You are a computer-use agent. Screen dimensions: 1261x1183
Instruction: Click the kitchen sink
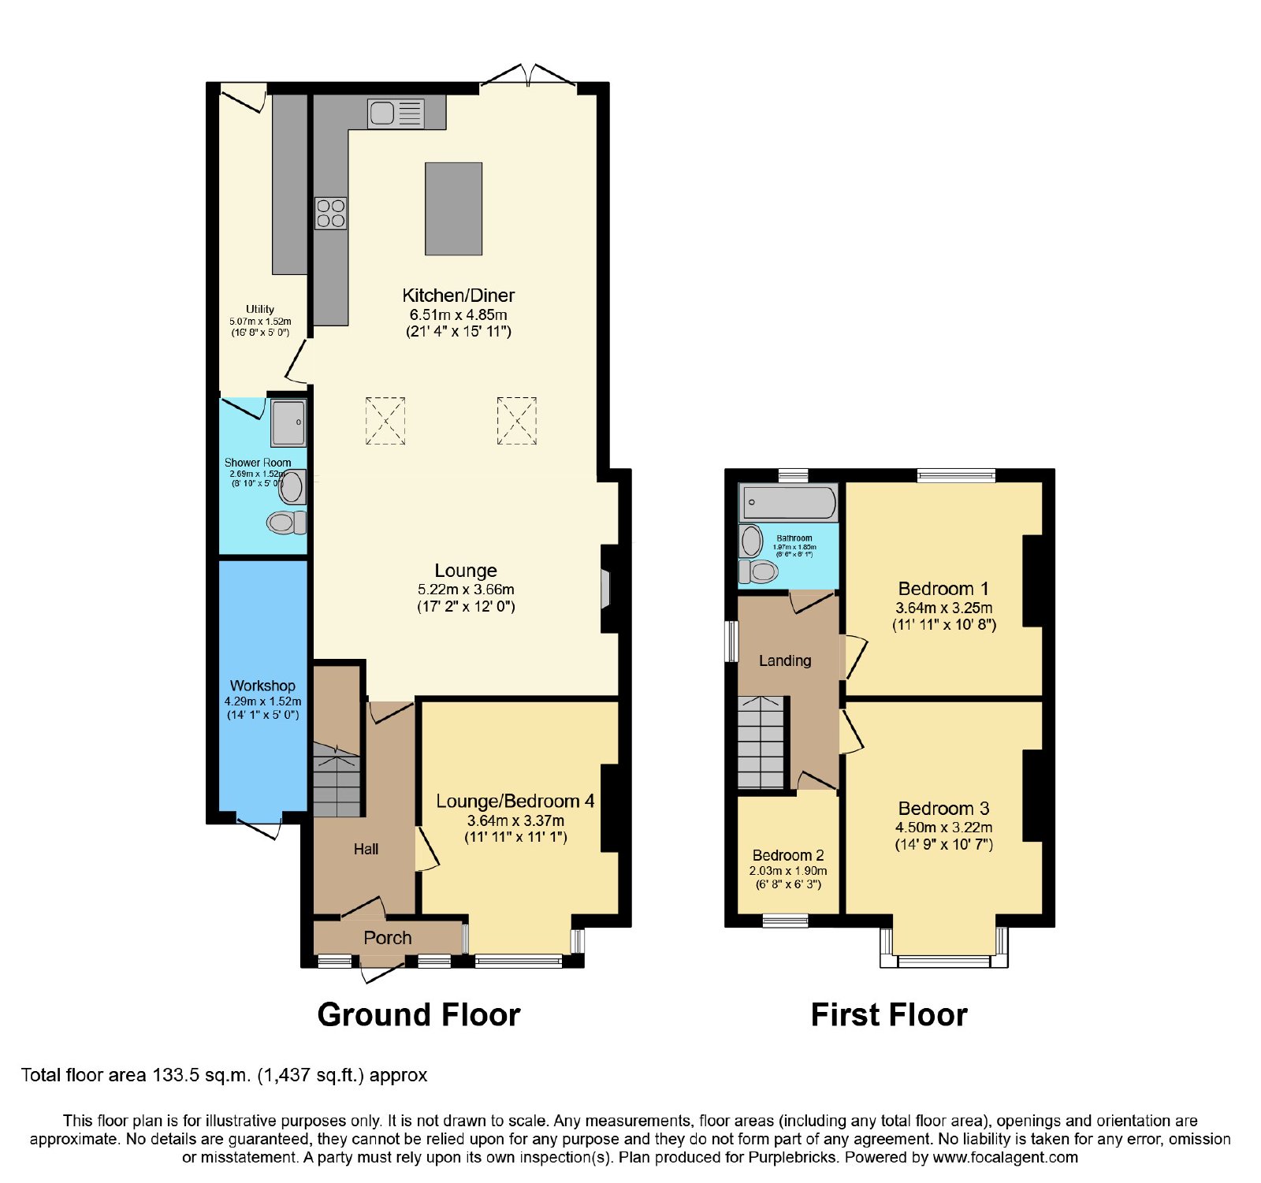coord(396,113)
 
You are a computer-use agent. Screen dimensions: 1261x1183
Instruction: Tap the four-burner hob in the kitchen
coord(331,213)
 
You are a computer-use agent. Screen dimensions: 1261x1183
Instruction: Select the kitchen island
coord(453,209)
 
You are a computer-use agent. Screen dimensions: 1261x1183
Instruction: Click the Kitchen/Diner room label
coord(459,296)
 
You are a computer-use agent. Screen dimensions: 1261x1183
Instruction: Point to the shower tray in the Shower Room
coord(288,422)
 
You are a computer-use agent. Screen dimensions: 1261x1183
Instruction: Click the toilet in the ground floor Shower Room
coord(286,522)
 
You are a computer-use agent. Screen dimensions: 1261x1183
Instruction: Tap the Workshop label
coord(262,686)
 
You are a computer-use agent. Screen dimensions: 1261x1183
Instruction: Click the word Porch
coord(388,938)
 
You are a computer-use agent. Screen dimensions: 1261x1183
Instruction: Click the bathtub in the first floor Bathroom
coord(788,502)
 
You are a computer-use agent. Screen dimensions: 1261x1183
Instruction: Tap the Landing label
coord(785,660)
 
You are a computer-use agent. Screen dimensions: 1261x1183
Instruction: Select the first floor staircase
coord(761,742)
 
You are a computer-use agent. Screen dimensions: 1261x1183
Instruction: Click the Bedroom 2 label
coord(788,855)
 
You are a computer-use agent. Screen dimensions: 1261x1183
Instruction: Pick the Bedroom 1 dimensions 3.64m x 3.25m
coord(944,608)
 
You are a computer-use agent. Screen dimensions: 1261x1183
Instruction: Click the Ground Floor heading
coord(418,1014)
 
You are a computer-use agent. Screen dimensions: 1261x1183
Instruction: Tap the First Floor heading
coord(889,1014)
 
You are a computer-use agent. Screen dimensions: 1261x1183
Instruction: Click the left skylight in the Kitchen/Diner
coord(385,421)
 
